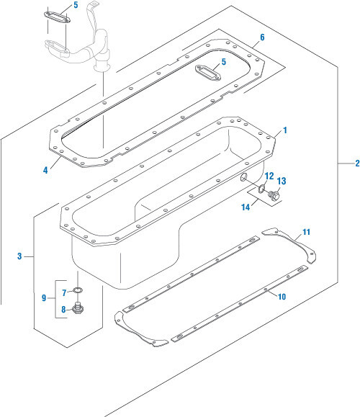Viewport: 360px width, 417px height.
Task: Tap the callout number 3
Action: pyautogui.click(x=20, y=256)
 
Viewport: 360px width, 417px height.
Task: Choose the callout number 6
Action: pyautogui.click(x=262, y=37)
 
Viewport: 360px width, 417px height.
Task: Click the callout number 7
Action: pyautogui.click(x=63, y=292)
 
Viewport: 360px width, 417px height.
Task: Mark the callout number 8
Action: pyautogui.click(x=63, y=309)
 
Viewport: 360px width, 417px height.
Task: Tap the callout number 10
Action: pyautogui.click(x=282, y=296)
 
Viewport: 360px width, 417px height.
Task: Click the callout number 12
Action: pyautogui.click(x=269, y=176)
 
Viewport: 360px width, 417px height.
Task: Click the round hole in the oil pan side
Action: pyautogui.click(x=244, y=178)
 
